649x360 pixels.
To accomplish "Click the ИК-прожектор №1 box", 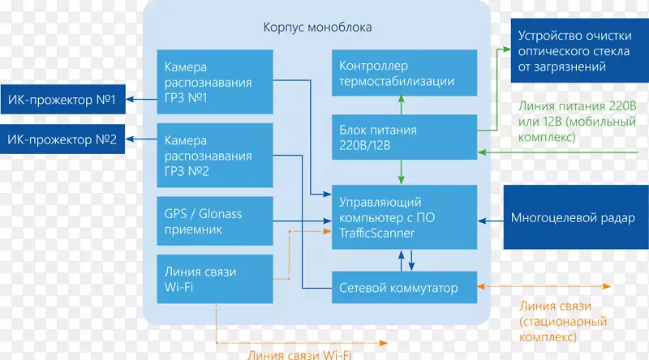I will [63, 100].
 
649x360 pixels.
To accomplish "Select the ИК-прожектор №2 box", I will [63, 139].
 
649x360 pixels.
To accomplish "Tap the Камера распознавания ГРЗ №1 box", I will [214, 83].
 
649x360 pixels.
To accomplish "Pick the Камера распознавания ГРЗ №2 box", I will [214, 155].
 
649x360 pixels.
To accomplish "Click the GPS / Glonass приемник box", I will [214, 221].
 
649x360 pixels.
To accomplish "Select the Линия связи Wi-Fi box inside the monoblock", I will [214, 278].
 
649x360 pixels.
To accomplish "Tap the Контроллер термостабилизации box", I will [403, 73].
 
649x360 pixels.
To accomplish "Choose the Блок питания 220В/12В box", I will [403, 137].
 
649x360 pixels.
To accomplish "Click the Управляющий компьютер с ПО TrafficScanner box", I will [403, 216].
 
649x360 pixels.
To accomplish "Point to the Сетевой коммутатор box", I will [403, 288].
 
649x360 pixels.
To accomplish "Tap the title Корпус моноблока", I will [317, 27].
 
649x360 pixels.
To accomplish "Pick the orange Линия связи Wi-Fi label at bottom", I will [294, 352].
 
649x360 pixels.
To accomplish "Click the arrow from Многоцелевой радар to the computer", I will [490, 217].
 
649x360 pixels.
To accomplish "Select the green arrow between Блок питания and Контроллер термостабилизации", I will [400, 103].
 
